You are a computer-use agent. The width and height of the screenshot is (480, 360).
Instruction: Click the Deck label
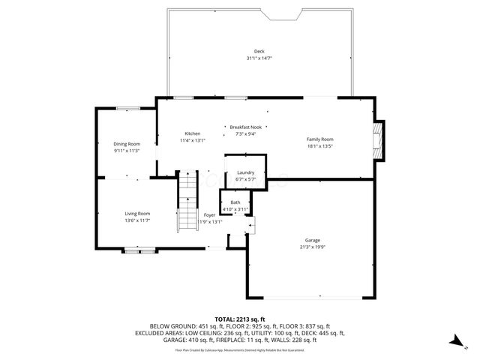(x=259, y=51)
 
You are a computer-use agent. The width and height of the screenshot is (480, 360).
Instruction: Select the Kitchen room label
(x=193, y=133)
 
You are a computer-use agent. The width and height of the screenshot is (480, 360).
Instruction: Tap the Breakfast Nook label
(x=245, y=127)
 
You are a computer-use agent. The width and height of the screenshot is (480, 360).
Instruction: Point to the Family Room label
(x=319, y=139)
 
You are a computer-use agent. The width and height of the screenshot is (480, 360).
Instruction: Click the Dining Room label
(x=127, y=144)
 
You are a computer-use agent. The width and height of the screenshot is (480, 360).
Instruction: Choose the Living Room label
(x=137, y=214)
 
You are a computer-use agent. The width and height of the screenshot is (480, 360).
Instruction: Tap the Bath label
(x=235, y=202)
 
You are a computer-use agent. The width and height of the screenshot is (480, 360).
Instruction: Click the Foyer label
(x=209, y=215)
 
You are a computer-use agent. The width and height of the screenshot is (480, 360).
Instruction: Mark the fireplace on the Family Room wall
(x=380, y=140)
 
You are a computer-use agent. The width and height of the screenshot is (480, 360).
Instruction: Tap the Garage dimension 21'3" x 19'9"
(x=312, y=247)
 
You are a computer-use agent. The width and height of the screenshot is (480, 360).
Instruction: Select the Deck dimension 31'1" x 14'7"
(x=259, y=58)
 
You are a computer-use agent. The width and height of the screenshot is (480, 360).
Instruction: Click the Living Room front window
(x=139, y=251)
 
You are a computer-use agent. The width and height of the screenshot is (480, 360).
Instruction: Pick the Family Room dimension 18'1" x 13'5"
(x=319, y=146)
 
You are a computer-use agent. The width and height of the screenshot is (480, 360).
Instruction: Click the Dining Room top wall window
(x=126, y=109)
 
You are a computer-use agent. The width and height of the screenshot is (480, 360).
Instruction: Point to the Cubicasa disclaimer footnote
(x=240, y=349)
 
